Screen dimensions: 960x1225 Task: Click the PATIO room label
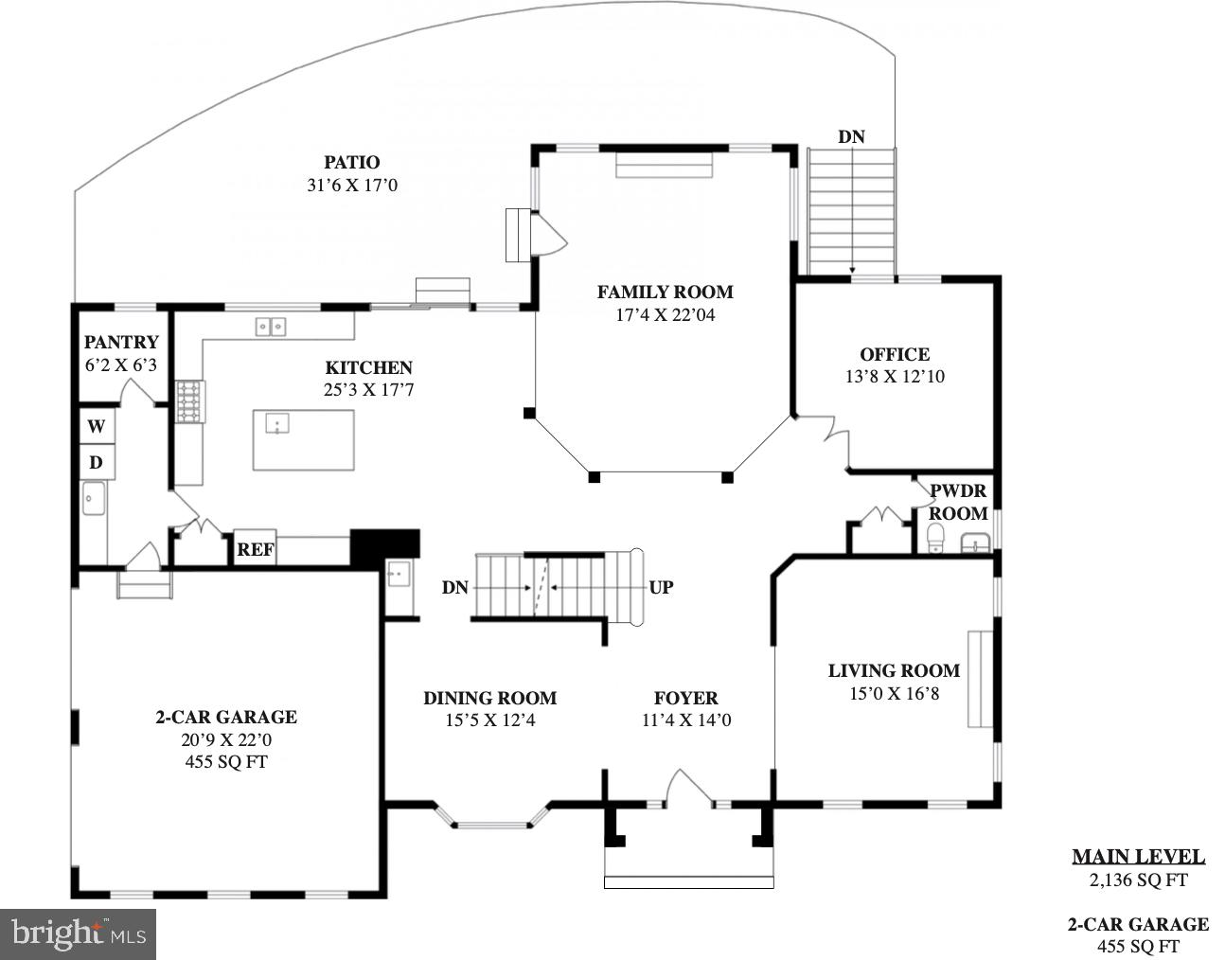[352, 163]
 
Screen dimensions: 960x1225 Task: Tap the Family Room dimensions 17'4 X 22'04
[665, 315]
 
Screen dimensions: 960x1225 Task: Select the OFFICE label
[895, 355]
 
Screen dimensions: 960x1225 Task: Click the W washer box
[97, 427]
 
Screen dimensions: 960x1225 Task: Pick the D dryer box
[97, 463]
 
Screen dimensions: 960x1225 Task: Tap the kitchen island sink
[276, 422]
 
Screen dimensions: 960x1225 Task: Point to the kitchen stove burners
[188, 400]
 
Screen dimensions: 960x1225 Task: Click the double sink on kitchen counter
[271, 327]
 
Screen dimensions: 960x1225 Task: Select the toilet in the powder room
[935, 539]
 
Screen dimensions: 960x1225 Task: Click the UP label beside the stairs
[661, 587]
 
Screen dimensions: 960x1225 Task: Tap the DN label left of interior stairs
[455, 587]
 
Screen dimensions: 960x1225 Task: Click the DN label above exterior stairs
[851, 136]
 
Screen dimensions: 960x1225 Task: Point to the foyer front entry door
[688, 791]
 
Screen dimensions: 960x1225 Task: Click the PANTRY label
[121, 343]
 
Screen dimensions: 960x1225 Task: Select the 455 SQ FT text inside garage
[226, 762]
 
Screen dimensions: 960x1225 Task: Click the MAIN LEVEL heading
[1138, 857]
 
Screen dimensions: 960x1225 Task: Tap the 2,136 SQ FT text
[1138, 880]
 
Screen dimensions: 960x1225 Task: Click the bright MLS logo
[80, 934]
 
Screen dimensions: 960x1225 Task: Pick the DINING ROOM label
[489, 699]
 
